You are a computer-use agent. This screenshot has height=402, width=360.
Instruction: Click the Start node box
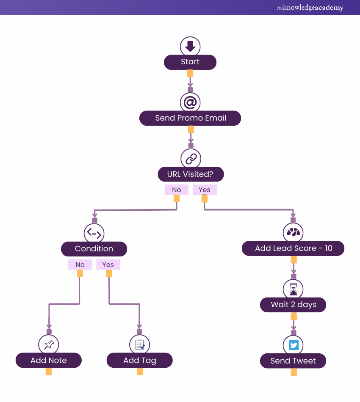(x=190, y=62)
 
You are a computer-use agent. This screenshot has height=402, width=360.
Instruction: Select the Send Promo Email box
(x=190, y=118)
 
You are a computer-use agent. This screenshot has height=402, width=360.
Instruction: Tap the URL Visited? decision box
(x=191, y=174)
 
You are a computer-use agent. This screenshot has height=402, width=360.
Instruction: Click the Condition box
(x=94, y=249)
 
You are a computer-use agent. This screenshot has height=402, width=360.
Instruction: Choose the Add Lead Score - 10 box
(x=293, y=248)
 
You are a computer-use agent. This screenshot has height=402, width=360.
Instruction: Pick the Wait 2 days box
(x=293, y=305)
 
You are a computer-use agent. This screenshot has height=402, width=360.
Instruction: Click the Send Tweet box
(x=293, y=361)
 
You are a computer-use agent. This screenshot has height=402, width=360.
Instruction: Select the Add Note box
(x=49, y=361)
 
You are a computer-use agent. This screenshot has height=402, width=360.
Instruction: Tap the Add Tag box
(x=140, y=361)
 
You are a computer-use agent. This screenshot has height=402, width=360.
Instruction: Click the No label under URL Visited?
(x=177, y=190)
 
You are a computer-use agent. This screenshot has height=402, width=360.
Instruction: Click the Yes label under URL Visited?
(x=205, y=190)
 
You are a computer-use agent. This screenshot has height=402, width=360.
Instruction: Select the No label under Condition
(x=80, y=265)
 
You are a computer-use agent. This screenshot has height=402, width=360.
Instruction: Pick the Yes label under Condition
(x=108, y=265)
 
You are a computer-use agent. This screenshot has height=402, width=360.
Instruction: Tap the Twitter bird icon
(x=294, y=345)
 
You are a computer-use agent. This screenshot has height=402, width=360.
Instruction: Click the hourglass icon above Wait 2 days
(x=294, y=289)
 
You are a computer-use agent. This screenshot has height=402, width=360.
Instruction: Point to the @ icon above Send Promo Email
(x=190, y=102)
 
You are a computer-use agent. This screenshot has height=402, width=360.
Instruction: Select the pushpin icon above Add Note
(x=49, y=344)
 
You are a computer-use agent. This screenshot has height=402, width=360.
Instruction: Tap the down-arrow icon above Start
(x=190, y=46)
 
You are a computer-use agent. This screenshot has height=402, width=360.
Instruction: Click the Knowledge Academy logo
(x=310, y=8)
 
